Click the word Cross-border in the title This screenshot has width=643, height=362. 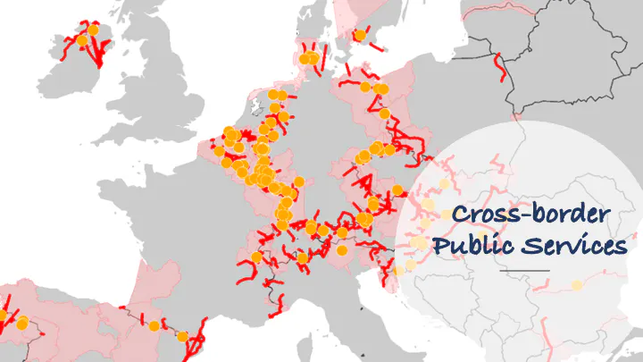(x=530, y=215)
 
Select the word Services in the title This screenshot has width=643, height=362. (x=572, y=246)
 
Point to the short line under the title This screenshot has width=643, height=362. (x=524, y=270)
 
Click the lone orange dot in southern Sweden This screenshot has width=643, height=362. (x=360, y=35)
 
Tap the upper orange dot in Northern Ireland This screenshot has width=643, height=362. (x=93, y=29)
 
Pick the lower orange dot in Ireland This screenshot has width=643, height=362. (x=82, y=40)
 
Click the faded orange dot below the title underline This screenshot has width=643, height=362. (x=577, y=285)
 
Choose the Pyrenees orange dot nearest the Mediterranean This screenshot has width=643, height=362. (x=183, y=337)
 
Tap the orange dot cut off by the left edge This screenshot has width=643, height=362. (x=2, y=316)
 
